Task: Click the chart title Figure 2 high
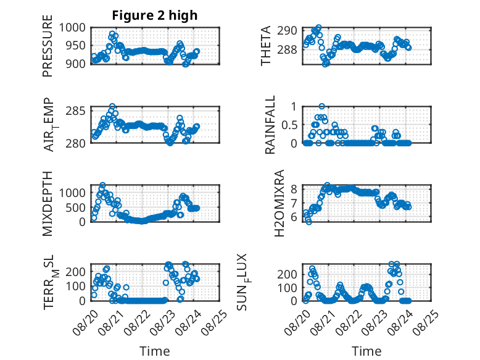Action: pyautogui.click(x=155, y=15)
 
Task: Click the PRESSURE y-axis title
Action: pyautogui.click(x=48, y=46)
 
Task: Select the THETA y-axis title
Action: pyautogui.click(x=266, y=46)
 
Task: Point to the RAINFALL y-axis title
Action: pyautogui.click(x=270, y=125)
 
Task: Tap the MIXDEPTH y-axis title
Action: pyautogui.click(x=48, y=204)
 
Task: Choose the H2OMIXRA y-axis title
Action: pyautogui.click(x=279, y=203)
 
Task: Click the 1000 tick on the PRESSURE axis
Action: pyautogui.click(x=72, y=28)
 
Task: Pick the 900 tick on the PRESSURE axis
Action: pyautogui.click(x=75, y=64)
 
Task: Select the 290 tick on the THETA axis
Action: pyautogui.click(x=287, y=31)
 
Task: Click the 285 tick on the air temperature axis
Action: pyautogui.click(x=75, y=111)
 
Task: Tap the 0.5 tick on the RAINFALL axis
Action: pyautogui.click(x=289, y=125)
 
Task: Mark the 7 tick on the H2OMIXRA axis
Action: pyautogui.click(x=294, y=203)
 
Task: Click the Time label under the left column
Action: pyautogui.click(x=155, y=351)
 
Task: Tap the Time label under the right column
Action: pyautogui.click(x=366, y=351)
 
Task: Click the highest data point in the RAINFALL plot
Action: pyautogui.click(x=321, y=106)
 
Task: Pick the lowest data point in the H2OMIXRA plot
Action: pyautogui.click(x=308, y=222)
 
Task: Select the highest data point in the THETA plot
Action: pyautogui.click(x=319, y=28)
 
